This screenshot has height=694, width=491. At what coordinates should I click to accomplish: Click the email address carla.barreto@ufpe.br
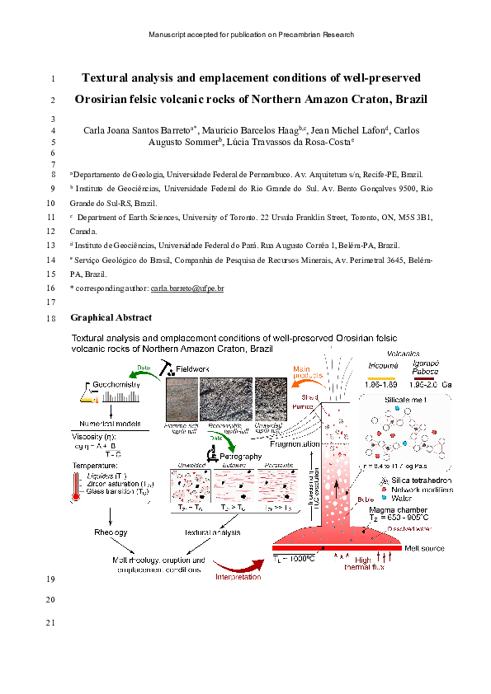tap(188, 288)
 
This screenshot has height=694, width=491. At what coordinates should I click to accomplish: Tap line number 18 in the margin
tap(52, 317)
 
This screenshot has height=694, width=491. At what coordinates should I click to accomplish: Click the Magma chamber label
tap(393, 511)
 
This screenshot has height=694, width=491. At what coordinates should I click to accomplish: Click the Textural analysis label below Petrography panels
tap(213, 532)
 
